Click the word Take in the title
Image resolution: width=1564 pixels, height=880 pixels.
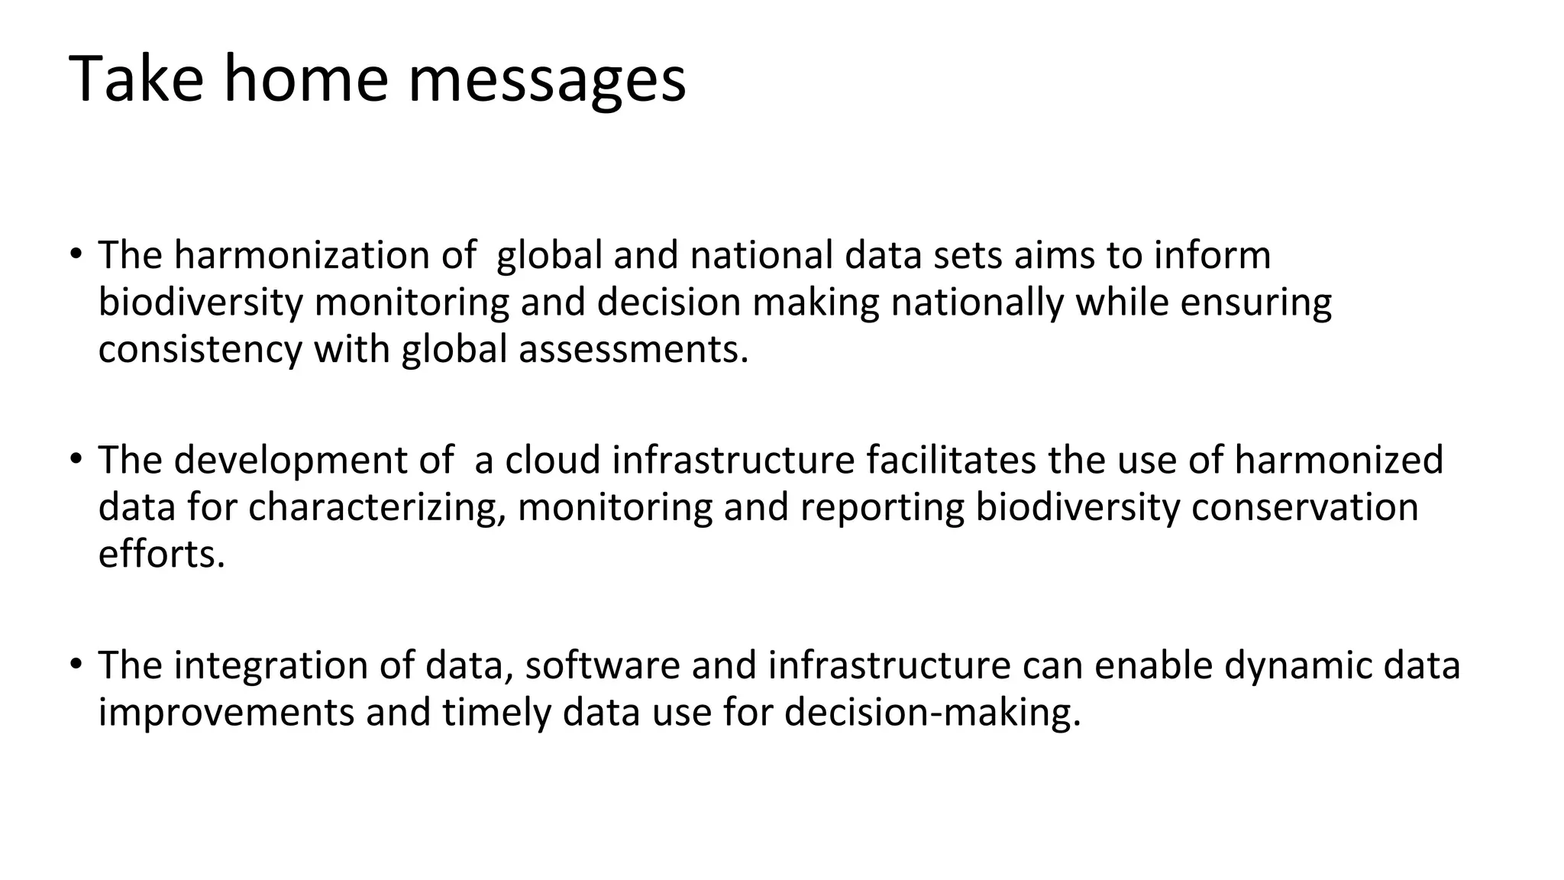pyautogui.click(x=137, y=79)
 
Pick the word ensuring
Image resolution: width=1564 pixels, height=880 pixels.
pyautogui.click(x=1255, y=302)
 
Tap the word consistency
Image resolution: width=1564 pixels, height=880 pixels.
pyautogui.click(x=200, y=350)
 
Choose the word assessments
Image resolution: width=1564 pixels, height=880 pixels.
pyautogui.click(x=633, y=350)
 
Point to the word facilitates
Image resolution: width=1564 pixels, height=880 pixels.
pyautogui.click(x=951, y=461)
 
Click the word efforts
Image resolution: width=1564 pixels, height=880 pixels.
pyautogui.click(x=162, y=555)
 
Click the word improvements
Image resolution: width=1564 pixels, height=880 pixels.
pyautogui.click(x=226, y=713)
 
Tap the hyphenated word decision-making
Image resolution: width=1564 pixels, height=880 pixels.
pyautogui.click(x=932, y=713)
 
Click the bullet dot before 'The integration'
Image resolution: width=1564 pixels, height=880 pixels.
pyautogui.click(x=76, y=663)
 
